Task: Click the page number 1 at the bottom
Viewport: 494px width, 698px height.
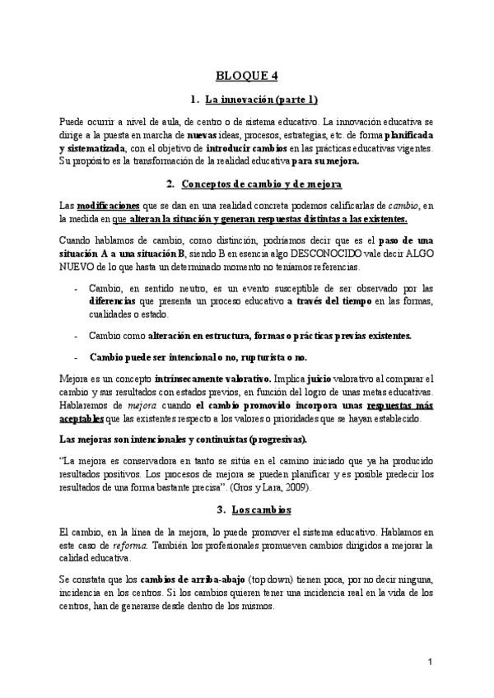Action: (x=431, y=661)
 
